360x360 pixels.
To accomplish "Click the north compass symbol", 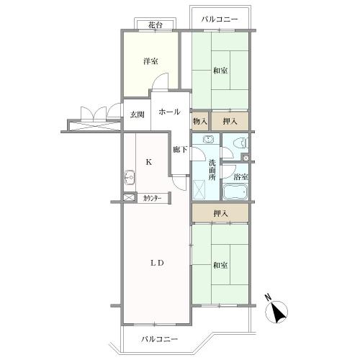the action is (x=276, y=311).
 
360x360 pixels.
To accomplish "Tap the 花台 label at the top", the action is (x=155, y=25).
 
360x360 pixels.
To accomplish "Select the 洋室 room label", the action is (x=150, y=61).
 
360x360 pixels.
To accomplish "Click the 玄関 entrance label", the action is (x=138, y=114).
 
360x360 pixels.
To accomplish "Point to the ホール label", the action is (x=169, y=112).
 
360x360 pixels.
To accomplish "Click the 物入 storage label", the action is (x=200, y=121).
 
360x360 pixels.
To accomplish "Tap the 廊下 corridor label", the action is (x=180, y=150).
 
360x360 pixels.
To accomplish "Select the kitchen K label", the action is (x=149, y=163).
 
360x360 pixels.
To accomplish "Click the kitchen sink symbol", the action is (x=130, y=178).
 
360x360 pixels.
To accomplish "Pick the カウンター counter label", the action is (x=152, y=199).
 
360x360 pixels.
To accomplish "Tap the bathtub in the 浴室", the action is (x=235, y=192).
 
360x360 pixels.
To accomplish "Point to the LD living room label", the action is (x=157, y=263).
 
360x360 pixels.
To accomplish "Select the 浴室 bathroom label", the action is (x=240, y=177).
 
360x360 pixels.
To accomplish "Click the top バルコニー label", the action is (x=220, y=19).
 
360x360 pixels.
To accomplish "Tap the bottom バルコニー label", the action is (x=159, y=339).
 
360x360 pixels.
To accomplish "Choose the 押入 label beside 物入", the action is (x=230, y=122).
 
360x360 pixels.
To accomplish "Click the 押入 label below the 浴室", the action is (x=221, y=213).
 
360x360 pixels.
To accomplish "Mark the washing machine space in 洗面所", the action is (x=199, y=190).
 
